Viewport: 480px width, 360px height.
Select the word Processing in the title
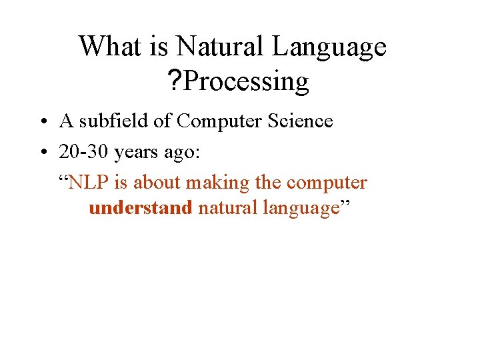247,82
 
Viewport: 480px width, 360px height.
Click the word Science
299,121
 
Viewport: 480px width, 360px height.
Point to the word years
136,153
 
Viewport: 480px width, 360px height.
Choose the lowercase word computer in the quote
327,182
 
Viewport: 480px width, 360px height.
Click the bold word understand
140,208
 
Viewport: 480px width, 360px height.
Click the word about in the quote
158,182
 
